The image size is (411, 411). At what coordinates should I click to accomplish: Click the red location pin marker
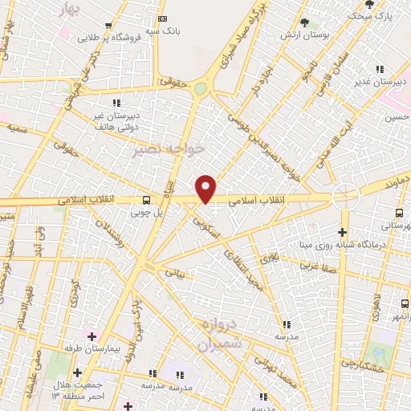coord(206,188)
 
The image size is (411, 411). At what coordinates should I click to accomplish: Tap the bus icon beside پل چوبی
coord(145,200)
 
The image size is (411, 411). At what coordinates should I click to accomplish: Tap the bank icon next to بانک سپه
coord(163,18)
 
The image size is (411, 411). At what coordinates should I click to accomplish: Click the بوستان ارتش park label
coord(298,36)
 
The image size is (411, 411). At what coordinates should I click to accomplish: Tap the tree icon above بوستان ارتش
coord(303,22)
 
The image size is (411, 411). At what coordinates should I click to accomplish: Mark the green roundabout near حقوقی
coord(200,87)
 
